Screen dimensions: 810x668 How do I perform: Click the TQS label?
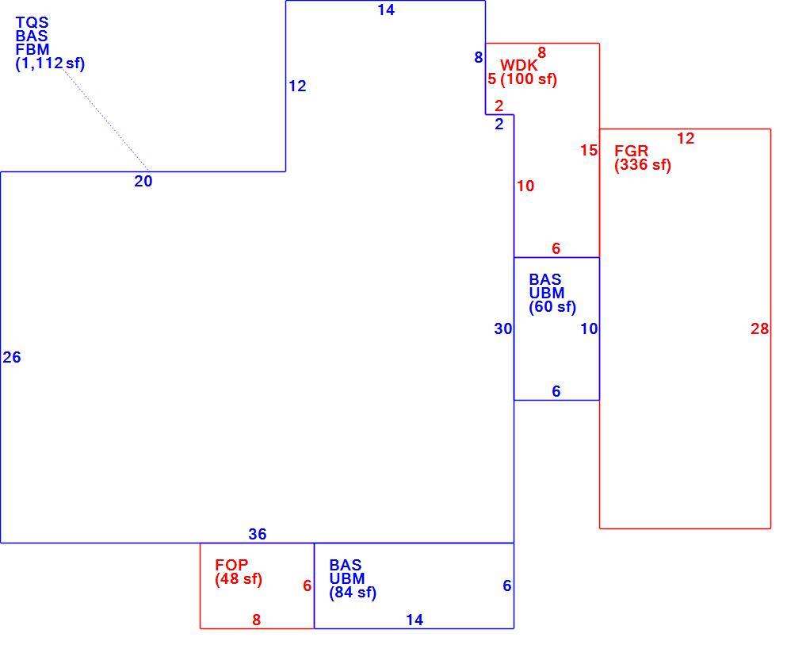[x=32, y=23]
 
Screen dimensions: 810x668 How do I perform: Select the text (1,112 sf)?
[x=50, y=63]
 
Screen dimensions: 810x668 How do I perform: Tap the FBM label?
[x=32, y=50]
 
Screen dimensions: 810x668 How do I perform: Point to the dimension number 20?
[x=143, y=182]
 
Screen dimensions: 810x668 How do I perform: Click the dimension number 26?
[x=12, y=357]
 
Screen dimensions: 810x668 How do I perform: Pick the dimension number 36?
[x=258, y=534]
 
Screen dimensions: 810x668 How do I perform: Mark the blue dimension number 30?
[x=503, y=328]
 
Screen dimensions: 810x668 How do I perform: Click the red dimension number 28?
[x=760, y=328]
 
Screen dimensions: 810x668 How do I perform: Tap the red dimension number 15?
[x=589, y=151]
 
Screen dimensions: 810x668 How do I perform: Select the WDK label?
[x=518, y=66]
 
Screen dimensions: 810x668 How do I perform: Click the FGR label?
[x=631, y=151]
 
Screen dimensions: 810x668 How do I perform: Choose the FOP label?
[x=231, y=565]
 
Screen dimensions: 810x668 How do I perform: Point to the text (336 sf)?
[x=643, y=165]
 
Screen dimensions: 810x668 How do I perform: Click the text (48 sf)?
[x=239, y=578]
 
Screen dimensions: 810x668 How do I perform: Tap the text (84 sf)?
[x=353, y=593]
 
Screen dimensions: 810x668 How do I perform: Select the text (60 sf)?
[x=552, y=307]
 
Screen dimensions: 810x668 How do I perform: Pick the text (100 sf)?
[x=529, y=79]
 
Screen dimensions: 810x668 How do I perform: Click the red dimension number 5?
[x=491, y=79]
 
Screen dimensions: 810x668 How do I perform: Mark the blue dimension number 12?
[x=297, y=86]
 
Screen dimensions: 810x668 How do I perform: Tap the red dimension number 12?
[x=686, y=139]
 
